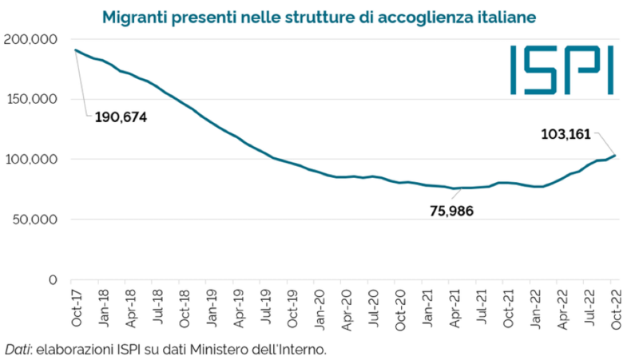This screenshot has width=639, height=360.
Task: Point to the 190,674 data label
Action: [x=121, y=117]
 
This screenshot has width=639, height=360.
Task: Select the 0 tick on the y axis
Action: [x=53, y=279]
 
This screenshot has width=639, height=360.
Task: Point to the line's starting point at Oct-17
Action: [x=75, y=50]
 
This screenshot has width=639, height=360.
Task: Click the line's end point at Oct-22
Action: [x=615, y=156]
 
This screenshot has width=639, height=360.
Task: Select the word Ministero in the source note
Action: [x=230, y=349]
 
